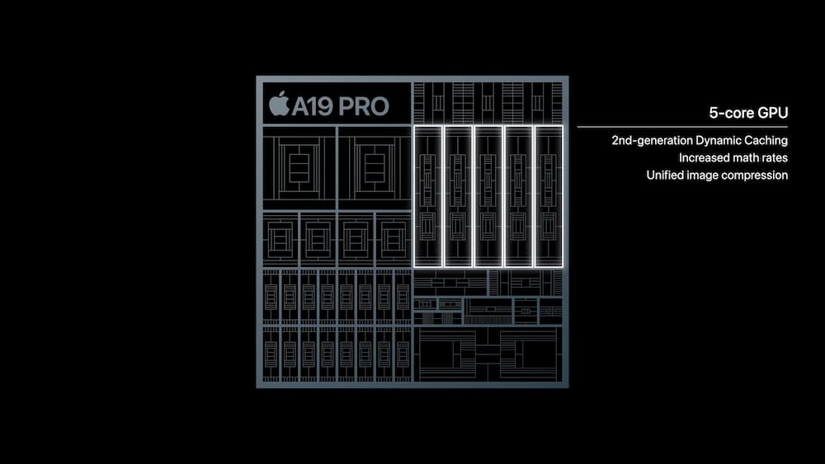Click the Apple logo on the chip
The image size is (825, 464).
tap(279, 105)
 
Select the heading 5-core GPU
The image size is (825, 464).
tap(748, 113)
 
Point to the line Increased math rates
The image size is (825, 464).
tap(733, 157)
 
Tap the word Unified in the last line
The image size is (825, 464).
tap(665, 176)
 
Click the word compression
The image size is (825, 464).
tap(757, 176)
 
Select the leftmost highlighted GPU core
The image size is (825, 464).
tap(428, 196)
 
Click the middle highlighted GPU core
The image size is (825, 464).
tap(488, 196)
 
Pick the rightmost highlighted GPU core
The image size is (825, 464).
tap(549, 196)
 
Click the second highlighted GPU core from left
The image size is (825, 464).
tap(459, 196)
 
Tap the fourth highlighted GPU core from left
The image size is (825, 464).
tap(518, 196)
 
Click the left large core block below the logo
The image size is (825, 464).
tap(299, 167)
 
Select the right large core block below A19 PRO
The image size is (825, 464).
tap(374, 167)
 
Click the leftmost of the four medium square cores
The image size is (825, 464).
tap(280, 239)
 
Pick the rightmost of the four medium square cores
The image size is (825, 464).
tap(393, 239)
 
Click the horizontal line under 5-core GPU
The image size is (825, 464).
tap(683, 127)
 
